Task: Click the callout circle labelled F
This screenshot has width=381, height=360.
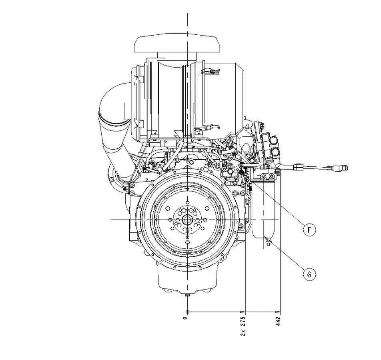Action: (309, 229)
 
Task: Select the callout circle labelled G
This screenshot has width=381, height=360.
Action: (309, 274)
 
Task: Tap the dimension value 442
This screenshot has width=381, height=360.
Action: (279, 321)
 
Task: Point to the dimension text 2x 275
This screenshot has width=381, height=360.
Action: (243, 326)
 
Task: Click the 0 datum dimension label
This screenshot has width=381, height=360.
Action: (186, 318)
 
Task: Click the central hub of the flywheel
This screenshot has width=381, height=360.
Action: (187, 220)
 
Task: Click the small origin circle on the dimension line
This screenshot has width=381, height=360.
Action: (187, 312)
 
